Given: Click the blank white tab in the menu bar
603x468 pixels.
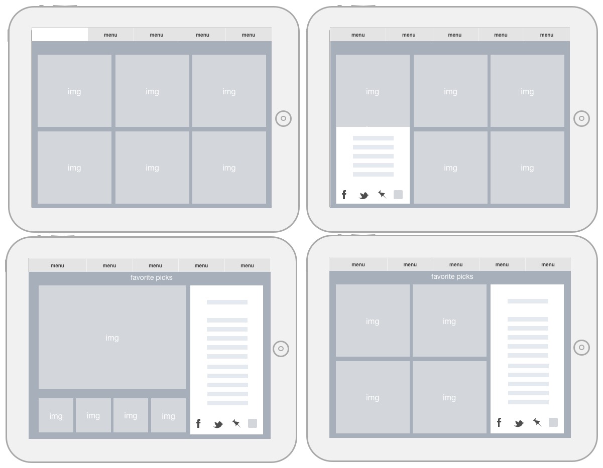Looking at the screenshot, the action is (x=60, y=35).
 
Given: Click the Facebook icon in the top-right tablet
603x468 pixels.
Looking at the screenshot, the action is (x=344, y=195).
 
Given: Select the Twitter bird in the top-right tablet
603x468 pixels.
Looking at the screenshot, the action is (x=364, y=196).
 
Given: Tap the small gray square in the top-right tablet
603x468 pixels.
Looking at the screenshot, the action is (x=398, y=195).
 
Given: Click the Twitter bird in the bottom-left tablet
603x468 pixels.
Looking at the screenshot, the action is (x=218, y=424).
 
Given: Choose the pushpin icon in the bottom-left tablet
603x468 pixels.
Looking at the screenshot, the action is (x=236, y=423).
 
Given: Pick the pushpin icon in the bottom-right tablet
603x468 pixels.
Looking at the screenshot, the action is (x=537, y=422).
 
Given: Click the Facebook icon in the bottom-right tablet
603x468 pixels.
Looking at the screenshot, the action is (x=499, y=422).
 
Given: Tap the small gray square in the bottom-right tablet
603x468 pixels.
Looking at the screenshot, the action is (x=553, y=422).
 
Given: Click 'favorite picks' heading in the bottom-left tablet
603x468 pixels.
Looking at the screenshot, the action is (x=151, y=277).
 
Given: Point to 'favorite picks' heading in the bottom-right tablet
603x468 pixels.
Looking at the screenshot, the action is (x=452, y=276).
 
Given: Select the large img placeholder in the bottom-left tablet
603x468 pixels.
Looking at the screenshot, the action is (x=112, y=337).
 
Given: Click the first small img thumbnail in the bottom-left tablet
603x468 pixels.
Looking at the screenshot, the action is (x=56, y=415).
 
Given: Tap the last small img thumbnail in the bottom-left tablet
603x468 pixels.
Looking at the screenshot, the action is (x=168, y=415).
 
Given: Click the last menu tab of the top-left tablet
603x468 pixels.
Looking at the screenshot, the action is (x=249, y=35).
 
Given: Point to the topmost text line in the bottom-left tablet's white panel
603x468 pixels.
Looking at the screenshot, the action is (x=227, y=302).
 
